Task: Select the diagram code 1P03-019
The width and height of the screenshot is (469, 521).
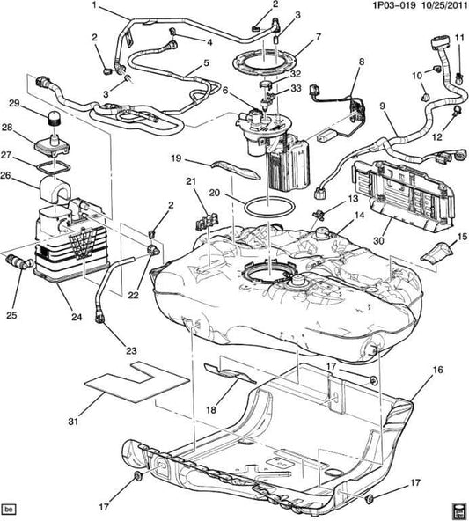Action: click(x=361, y=8)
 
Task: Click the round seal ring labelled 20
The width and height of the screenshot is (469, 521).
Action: click(x=264, y=208)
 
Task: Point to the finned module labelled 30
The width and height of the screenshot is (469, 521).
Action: click(x=400, y=192)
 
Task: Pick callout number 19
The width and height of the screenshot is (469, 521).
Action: click(x=175, y=159)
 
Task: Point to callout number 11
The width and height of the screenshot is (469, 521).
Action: click(x=458, y=36)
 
